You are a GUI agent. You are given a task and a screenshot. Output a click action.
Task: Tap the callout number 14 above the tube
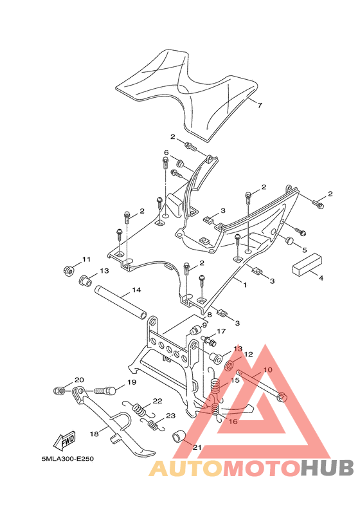point(136,290)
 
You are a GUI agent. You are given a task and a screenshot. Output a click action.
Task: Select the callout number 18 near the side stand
point(94,434)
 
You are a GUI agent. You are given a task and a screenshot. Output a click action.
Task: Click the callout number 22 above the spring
point(157,401)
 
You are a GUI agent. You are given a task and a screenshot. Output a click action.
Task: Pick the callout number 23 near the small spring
point(170,416)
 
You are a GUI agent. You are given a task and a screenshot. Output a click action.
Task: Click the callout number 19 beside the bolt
point(131,382)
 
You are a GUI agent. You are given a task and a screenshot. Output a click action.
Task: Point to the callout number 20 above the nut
point(79,380)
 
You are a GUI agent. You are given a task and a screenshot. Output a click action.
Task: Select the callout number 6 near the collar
point(166,153)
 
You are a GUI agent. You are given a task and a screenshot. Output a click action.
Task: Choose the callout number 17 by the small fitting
point(221,331)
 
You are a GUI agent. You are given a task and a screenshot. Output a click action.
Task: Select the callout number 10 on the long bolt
point(268,370)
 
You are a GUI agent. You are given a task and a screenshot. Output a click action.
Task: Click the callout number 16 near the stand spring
point(233,421)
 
